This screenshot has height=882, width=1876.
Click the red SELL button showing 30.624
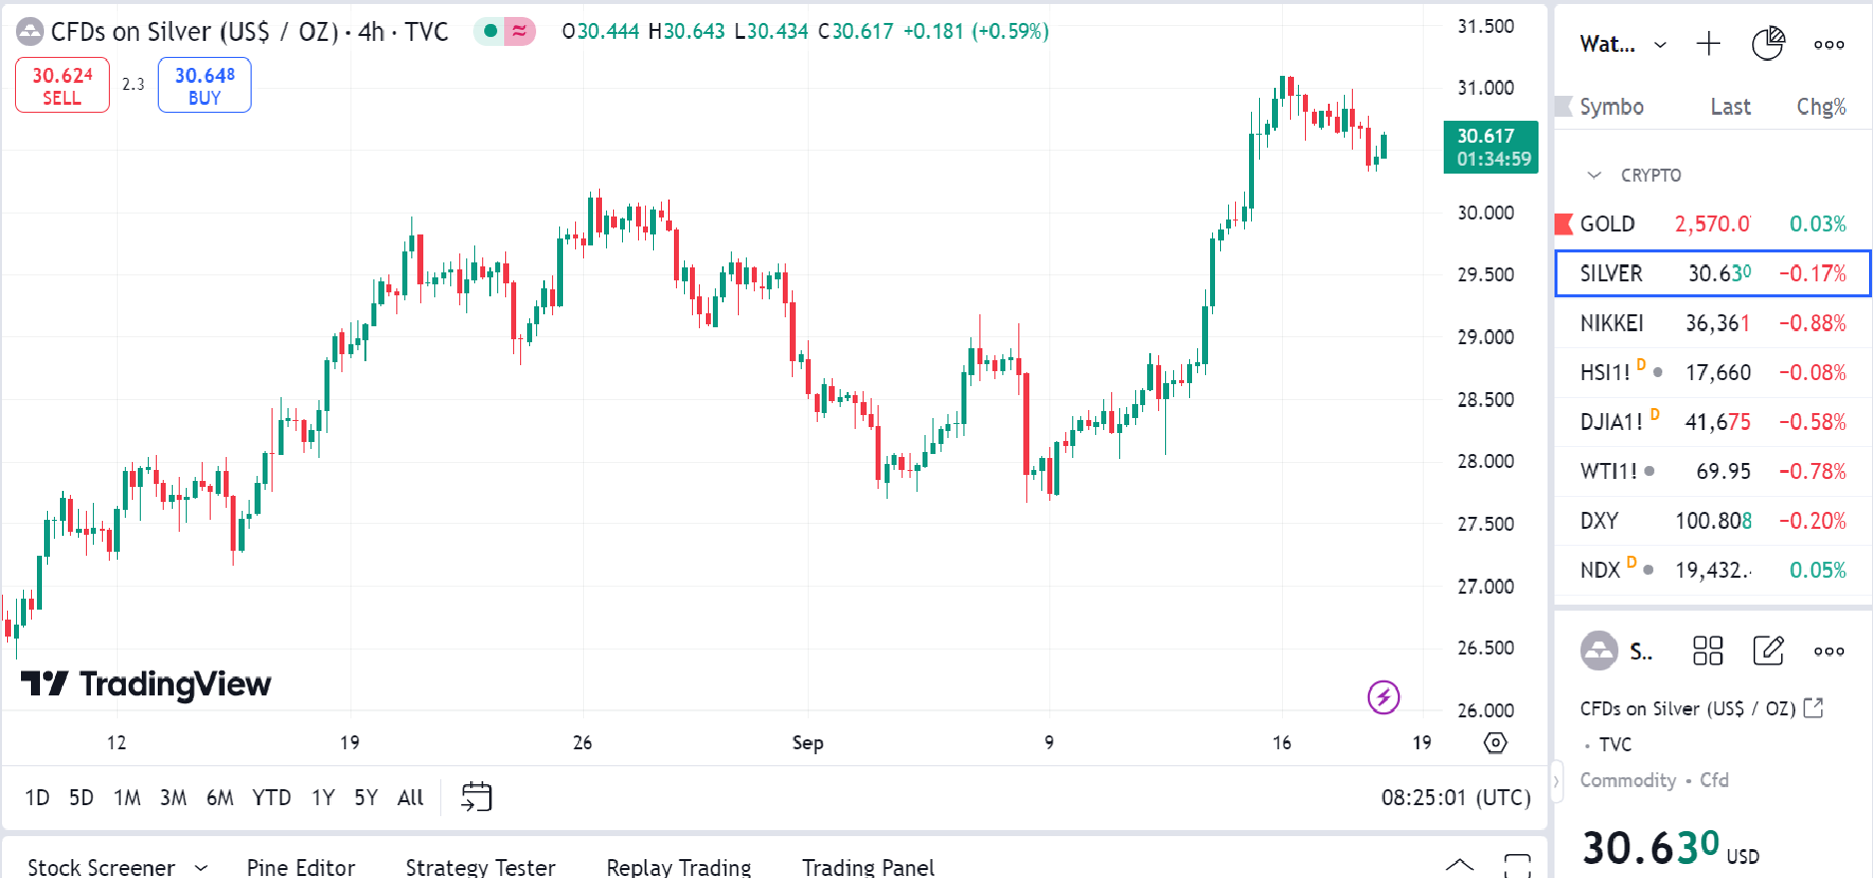[62, 86]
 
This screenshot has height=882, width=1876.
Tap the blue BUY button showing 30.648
[205, 86]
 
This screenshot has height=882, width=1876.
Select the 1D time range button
[37, 798]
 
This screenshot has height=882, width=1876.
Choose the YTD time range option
[272, 798]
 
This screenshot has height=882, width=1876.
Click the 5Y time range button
[366, 798]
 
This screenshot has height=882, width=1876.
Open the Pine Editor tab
[301, 867]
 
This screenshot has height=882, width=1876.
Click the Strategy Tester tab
[480, 867]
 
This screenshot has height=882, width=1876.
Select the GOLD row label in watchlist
[1606, 224]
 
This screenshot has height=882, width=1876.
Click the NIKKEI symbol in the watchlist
[1611, 323]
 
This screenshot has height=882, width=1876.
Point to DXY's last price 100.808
[1712, 521]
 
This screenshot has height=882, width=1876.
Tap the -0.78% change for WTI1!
[1812, 472]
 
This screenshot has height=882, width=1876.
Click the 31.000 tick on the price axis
[1486, 89]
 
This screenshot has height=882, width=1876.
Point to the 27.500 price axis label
[1486, 525]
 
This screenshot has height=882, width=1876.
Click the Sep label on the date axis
[808, 743]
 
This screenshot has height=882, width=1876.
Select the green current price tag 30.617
[1491, 148]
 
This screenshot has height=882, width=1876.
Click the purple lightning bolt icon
[1384, 697]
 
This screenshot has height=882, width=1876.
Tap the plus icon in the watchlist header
[1708, 44]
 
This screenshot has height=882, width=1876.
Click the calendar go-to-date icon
[476, 797]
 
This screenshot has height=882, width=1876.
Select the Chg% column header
[1821, 108]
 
